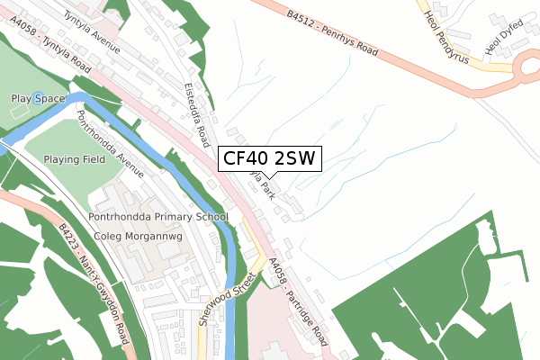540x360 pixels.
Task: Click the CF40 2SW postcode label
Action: point(268,159)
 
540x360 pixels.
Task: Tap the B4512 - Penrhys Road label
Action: point(333,34)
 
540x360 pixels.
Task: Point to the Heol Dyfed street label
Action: point(504,37)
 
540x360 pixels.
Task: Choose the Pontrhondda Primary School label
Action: point(159,217)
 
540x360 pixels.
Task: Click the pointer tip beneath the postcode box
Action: point(268,177)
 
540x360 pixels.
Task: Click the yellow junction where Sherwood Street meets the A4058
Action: point(255,263)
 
